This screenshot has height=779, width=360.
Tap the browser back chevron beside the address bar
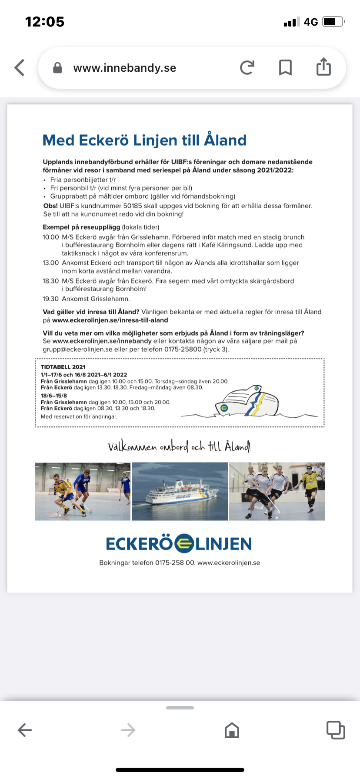pos(20,68)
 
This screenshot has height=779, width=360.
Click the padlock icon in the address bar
pos(57,68)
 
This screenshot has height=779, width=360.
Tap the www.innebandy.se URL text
pos(125,68)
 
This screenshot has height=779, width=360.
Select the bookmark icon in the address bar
pos(285,68)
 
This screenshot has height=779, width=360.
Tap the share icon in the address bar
pos(323,67)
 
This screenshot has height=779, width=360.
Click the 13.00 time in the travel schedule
pos(50,263)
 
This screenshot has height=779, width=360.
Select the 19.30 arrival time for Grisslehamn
pos(50,299)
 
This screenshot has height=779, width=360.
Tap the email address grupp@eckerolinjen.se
pos(77,349)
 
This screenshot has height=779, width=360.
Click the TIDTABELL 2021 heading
pos(63,367)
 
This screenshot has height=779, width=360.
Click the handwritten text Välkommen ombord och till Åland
pos(179,446)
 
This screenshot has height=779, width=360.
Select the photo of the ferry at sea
pos(180,491)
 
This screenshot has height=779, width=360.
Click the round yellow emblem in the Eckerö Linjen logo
pos(184,543)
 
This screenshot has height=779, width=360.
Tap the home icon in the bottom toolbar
pos(232,730)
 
